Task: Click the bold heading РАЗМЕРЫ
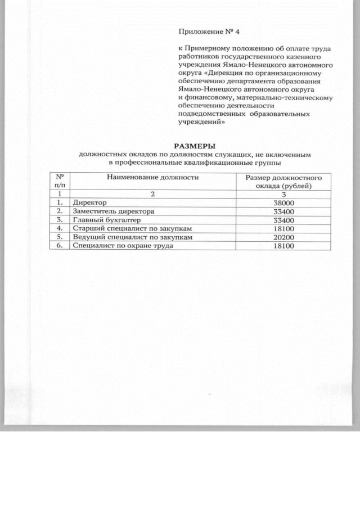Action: point(194,146)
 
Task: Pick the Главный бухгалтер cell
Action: point(98,220)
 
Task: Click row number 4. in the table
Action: point(58,229)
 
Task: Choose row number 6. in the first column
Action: point(58,246)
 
